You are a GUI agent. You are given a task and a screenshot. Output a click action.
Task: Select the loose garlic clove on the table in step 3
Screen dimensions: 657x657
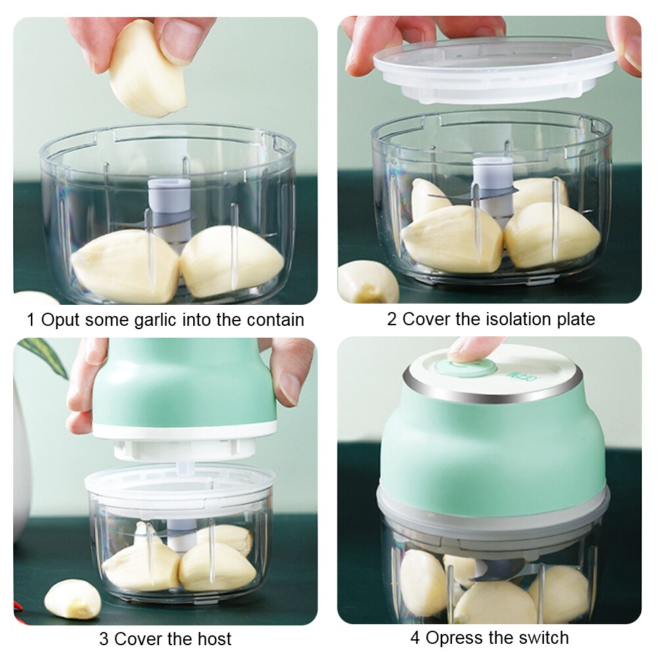(x=72, y=599)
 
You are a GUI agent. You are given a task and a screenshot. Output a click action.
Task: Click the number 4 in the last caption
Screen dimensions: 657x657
(x=415, y=637)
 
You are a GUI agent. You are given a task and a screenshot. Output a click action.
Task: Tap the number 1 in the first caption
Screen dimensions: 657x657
(x=30, y=320)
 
